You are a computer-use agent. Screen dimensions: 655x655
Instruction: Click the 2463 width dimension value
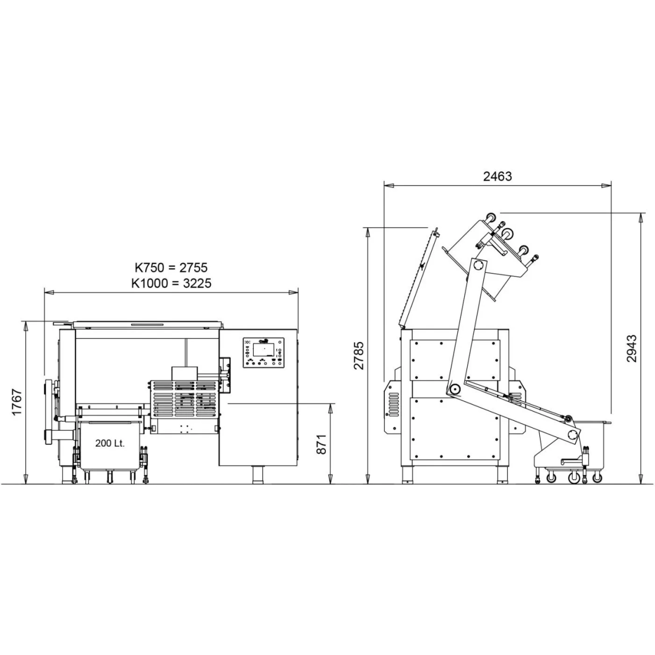pos(497,176)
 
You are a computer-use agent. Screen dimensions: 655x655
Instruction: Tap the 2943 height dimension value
pos(631,349)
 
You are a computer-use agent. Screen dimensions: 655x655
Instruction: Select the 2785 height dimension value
pos(359,355)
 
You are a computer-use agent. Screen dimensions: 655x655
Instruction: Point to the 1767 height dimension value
pos(17,402)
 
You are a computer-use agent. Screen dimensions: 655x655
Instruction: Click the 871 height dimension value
pos(321,444)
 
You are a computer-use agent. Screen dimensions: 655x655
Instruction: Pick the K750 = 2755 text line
pos(171,267)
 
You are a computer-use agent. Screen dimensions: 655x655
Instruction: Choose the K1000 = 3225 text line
pos(171,283)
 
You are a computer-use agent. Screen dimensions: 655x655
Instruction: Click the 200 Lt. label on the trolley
pos(110,443)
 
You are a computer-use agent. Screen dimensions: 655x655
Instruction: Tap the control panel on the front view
pos(264,353)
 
